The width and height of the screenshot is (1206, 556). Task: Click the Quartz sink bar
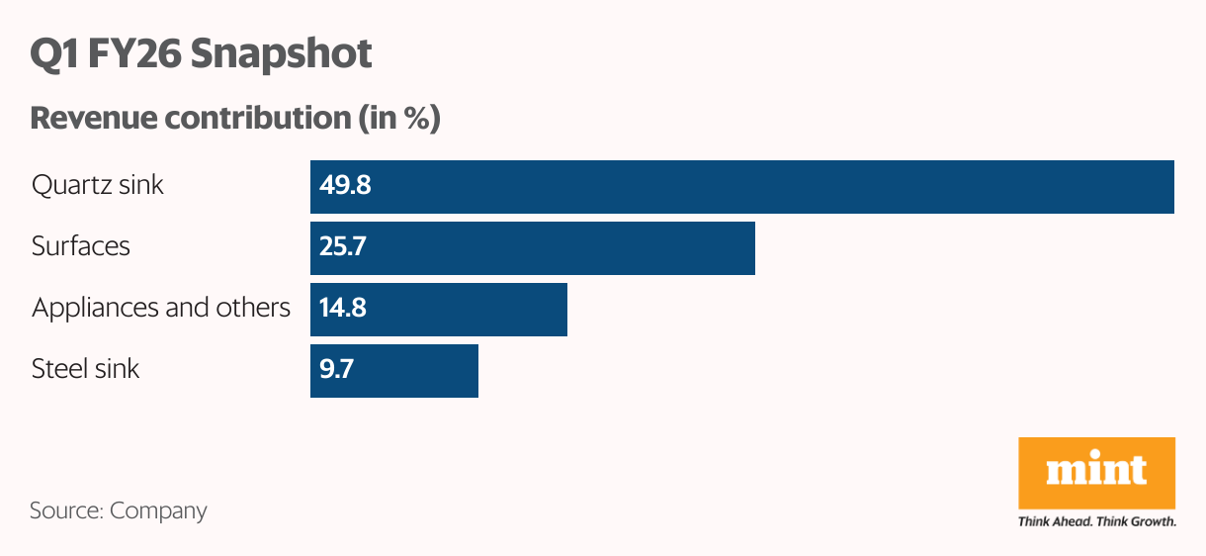(741, 187)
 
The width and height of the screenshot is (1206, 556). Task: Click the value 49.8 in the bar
(345, 185)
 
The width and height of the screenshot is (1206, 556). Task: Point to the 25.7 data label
(343, 246)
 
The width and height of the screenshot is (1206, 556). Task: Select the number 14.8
(343, 308)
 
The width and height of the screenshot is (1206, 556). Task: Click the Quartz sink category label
(98, 185)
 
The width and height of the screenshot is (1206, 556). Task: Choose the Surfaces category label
(81, 246)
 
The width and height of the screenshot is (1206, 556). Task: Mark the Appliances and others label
(161, 308)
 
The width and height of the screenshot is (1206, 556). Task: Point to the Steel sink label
(86, 369)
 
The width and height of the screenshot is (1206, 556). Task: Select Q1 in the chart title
(53, 53)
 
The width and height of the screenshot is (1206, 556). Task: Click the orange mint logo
(1096, 472)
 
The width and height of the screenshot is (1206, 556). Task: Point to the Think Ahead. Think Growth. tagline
(1096, 521)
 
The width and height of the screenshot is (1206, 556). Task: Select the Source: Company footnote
(119, 510)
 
